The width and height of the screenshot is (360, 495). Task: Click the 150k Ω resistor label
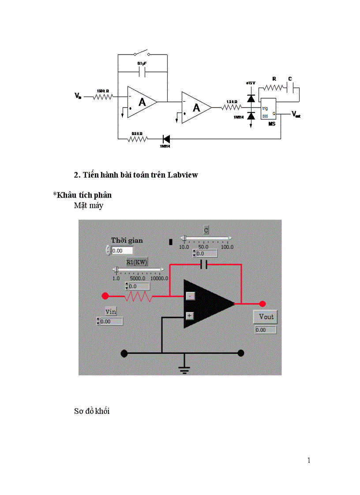(x=103, y=91)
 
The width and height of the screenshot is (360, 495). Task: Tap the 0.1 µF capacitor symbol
(x=142, y=71)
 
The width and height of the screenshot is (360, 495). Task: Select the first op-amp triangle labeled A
(x=142, y=102)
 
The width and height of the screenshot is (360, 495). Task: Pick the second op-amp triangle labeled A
(x=196, y=107)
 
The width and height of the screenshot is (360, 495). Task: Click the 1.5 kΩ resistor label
(x=232, y=102)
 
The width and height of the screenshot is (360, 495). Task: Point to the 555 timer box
(x=268, y=108)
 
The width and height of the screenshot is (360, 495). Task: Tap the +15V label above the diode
(x=251, y=82)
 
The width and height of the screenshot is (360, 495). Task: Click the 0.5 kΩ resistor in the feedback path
(x=137, y=139)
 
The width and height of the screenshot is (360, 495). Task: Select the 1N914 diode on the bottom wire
(x=167, y=139)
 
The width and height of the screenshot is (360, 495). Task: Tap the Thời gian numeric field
(x=122, y=250)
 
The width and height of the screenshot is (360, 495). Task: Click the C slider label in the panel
(x=206, y=230)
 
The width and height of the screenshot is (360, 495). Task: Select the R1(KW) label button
(x=137, y=262)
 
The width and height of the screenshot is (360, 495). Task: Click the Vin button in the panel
(x=110, y=311)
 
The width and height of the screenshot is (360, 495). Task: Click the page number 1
(x=309, y=461)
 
